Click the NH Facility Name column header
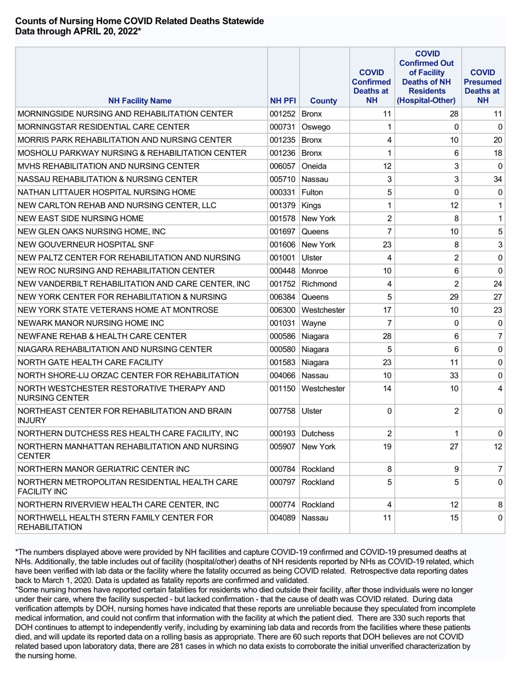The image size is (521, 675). coord(139,100)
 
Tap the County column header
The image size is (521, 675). coord(324,100)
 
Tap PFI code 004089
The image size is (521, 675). coord(283,517)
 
